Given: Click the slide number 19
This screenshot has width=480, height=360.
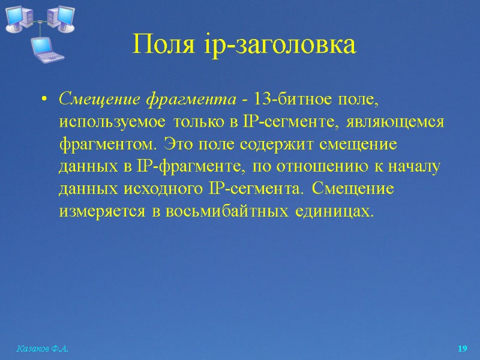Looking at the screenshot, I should click(x=462, y=349).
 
